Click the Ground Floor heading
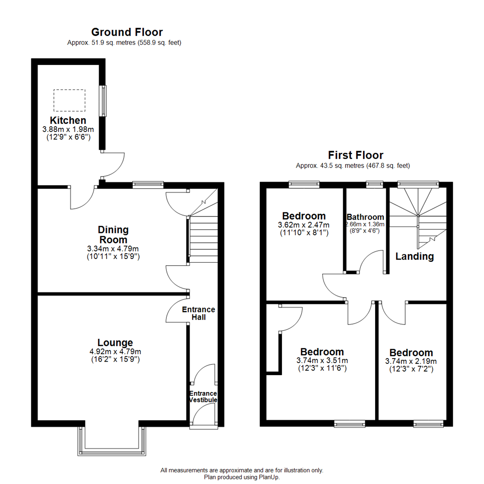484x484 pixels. click(x=127, y=32)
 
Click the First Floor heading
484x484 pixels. click(x=355, y=156)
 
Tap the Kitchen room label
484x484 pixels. click(x=68, y=121)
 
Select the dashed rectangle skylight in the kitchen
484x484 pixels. click(x=69, y=100)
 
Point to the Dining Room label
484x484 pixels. click(x=113, y=235)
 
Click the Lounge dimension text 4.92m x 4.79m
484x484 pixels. click(x=113, y=352)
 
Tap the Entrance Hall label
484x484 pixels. click(x=199, y=313)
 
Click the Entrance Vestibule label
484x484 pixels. click(x=203, y=397)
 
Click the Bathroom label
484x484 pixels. click(x=365, y=217)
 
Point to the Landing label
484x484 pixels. click(x=415, y=256)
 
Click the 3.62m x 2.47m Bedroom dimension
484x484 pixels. click(x=303, y=225)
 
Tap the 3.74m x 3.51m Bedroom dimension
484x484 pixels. click(x=322, y=360)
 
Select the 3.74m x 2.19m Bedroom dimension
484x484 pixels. click(x=411, y=361)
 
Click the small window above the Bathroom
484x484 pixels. click(x=374, y=183)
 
